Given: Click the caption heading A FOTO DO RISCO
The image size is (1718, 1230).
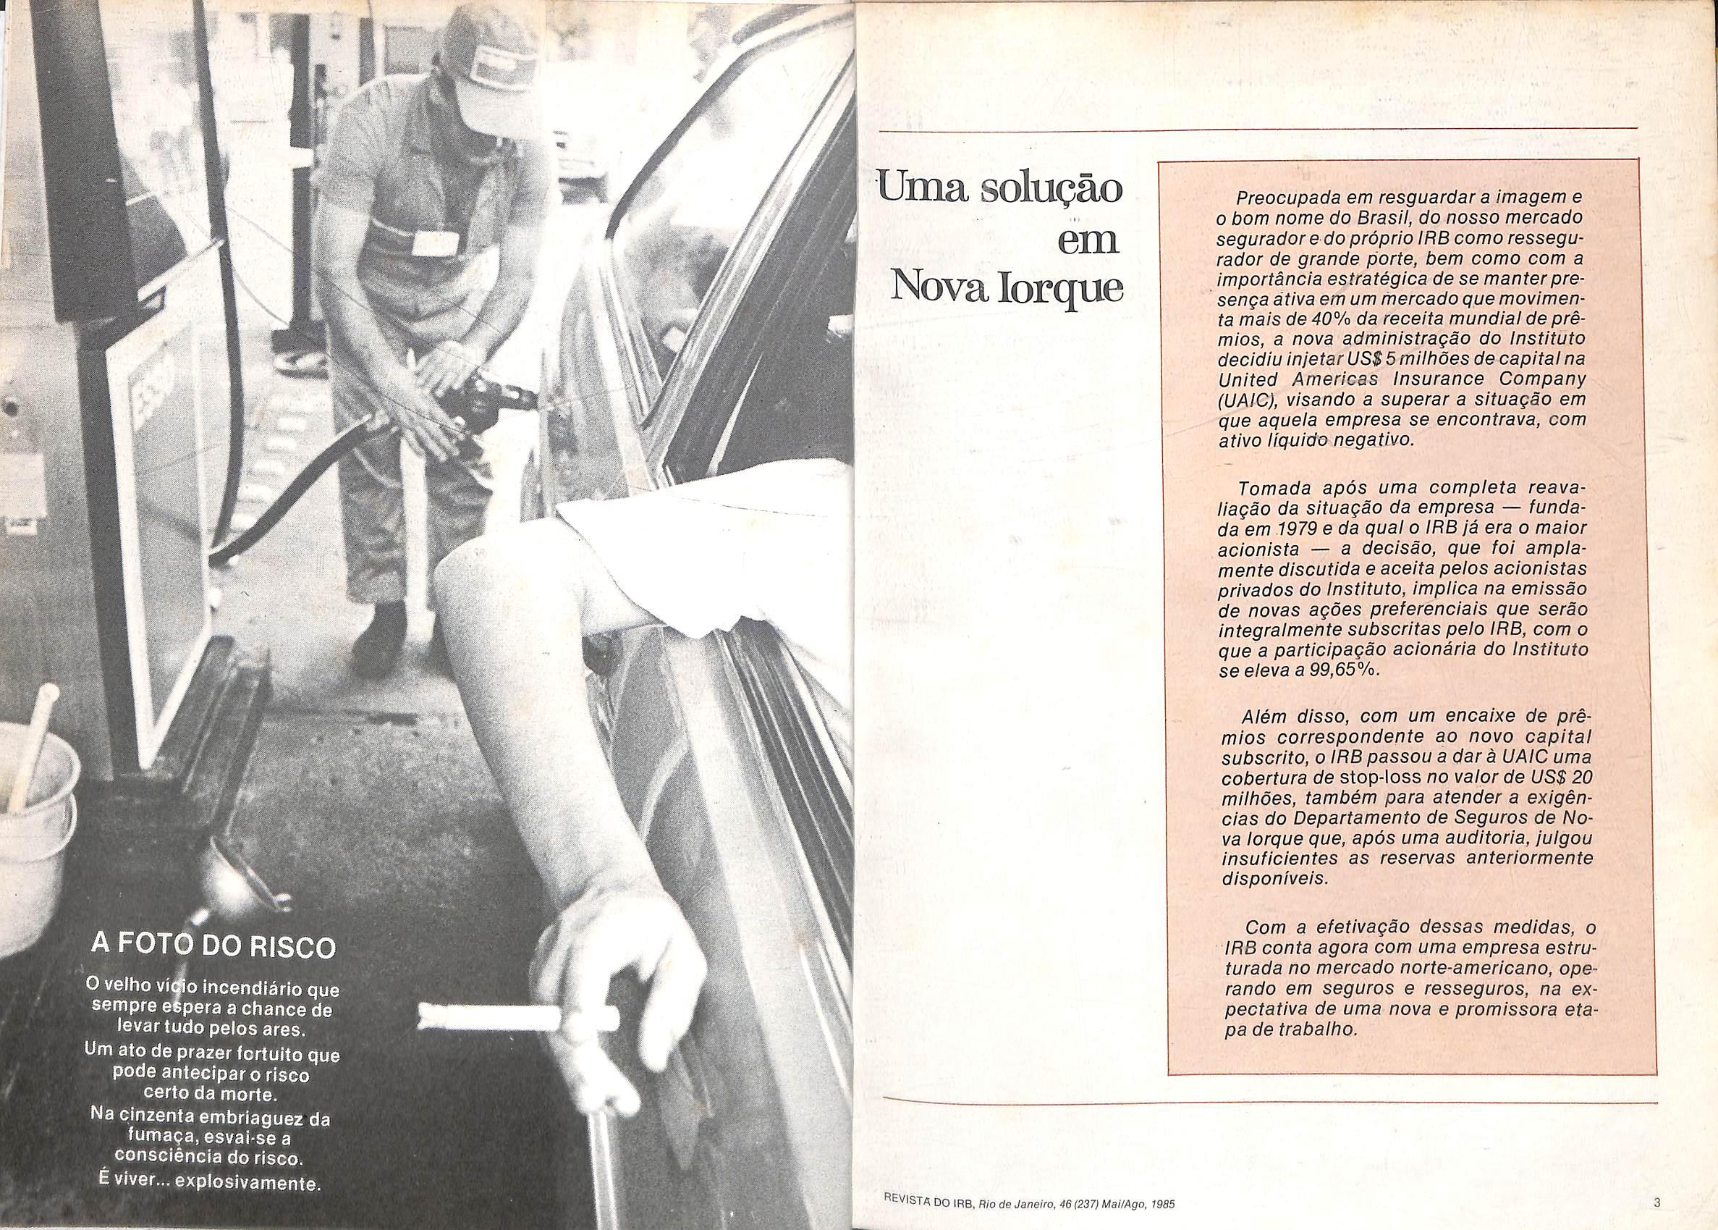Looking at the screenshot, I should [x=212, y=947].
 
